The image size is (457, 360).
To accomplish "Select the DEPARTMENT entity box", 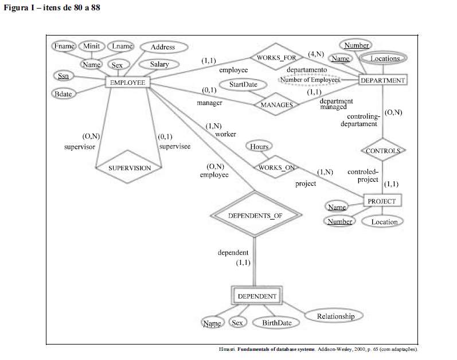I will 382,80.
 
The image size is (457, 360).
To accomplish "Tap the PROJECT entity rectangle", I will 382,201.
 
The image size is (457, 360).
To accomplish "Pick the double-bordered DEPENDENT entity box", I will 257,296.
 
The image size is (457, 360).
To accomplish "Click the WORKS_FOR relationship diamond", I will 276,58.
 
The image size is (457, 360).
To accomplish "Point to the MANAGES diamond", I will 276,105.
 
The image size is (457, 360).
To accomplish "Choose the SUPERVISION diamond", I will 130,167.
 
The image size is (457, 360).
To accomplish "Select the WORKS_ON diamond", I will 276,167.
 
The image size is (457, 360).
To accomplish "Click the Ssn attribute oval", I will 63,76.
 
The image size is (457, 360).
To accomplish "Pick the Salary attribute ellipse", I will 159,64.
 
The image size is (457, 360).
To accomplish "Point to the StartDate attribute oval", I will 243,85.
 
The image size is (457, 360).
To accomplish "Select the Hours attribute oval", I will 259,147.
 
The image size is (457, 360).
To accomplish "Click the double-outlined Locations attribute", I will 385,58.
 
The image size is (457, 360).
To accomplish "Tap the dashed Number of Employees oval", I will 310,80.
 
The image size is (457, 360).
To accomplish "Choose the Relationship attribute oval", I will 335,316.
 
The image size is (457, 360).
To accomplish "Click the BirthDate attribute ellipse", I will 276,323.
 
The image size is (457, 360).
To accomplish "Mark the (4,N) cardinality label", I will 316,54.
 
